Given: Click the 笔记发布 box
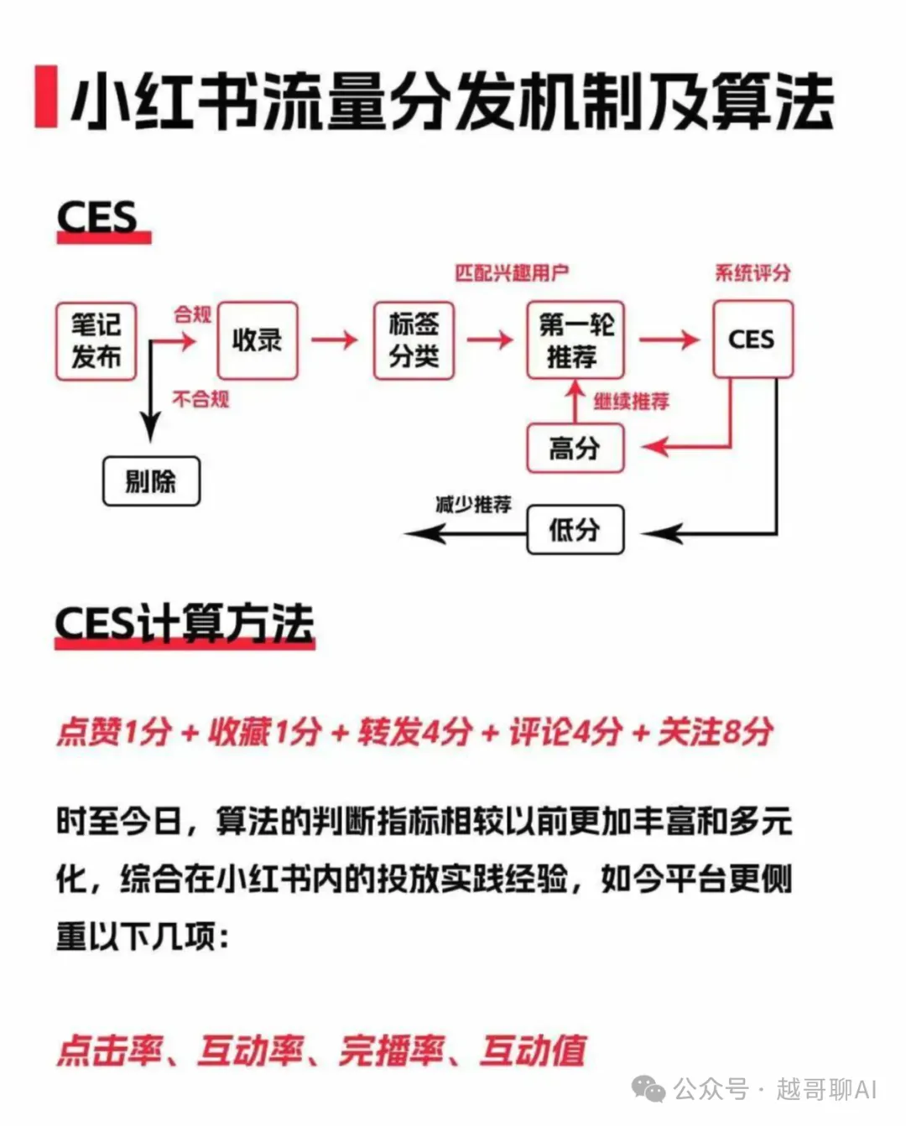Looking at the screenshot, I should tap(96, 340).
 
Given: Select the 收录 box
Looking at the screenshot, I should tap(257, 340).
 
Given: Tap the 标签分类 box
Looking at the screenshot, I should tap(414, 340).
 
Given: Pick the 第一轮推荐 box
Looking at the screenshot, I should tap(575, 340).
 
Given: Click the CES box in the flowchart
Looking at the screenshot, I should tap(752, 340).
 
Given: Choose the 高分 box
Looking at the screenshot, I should tap(575, 449).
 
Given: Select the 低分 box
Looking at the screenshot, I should tap(575, 529).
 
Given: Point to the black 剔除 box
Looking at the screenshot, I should tap(151, 481).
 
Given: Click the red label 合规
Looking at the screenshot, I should tap(192, 314).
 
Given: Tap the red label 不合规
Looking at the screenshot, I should tap(200, 398).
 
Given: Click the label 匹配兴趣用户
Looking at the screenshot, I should tap(512, 272).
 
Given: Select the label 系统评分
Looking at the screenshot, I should tap(752, 272).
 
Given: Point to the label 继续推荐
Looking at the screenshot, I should tap(632, 402).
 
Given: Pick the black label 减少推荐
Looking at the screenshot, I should tap(473, 505).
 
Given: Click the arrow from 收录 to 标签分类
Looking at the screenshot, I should tap(334, 340).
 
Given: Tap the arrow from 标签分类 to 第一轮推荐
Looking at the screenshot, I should tap(490, 340).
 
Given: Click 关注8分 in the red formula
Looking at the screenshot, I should tap(716, 732).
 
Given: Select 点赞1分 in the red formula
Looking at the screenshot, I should tap(114, 732).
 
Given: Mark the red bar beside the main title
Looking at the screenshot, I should tap(45, 96).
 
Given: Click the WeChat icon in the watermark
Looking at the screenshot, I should tap(648, 1089).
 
